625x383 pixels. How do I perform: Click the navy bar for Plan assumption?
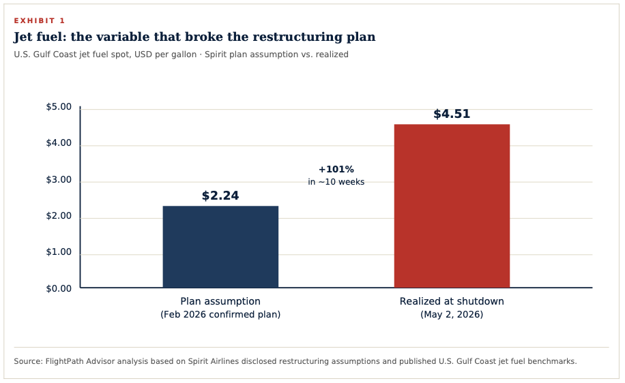220,247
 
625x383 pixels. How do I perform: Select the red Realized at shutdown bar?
452,206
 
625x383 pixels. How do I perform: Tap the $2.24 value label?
220,196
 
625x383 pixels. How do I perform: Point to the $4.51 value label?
452,114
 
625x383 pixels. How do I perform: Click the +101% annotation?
336,169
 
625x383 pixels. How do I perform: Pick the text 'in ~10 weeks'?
336,182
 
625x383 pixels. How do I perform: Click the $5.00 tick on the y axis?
59,107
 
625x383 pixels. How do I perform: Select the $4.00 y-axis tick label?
59,143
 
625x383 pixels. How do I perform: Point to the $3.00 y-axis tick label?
59,179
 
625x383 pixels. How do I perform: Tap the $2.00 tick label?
59,216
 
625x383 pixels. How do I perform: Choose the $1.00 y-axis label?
59,252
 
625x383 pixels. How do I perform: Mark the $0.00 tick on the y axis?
59,288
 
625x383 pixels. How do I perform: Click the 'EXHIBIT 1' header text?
40,20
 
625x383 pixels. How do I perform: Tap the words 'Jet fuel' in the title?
40,37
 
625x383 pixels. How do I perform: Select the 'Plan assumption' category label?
220,301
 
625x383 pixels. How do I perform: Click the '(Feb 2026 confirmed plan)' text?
220,315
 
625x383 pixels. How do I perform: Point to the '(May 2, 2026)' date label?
452,315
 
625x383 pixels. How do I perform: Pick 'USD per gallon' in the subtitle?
165,54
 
